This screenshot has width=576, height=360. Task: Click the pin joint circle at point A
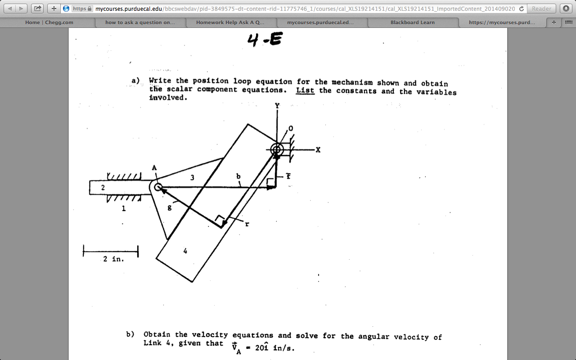tap(158, 187)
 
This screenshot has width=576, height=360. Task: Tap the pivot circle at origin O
tap(277, 149)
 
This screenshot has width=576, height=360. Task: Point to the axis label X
tap(318, 150)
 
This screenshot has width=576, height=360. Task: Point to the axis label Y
tap(277, 106)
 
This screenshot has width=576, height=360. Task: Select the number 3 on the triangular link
tap(192, 178)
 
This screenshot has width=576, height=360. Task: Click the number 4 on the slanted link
tap(185, 251)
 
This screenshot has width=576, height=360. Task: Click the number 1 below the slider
tap(123, 209)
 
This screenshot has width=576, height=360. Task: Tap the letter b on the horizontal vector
tap(238, 177)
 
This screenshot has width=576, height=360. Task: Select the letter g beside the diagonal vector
tap(169, 208)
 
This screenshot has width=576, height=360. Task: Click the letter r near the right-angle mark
tap(247, 224)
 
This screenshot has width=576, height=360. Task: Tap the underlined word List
tap(305, 90)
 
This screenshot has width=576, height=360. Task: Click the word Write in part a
tap(160, 81)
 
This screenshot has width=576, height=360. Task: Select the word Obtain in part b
tap(157, 334)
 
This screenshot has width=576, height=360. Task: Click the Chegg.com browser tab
tap(49, 22)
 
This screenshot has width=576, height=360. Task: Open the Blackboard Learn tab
tap(412, 22)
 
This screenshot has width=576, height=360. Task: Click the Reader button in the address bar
tap(541, 9)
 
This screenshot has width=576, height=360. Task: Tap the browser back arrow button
tap(11, 9)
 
